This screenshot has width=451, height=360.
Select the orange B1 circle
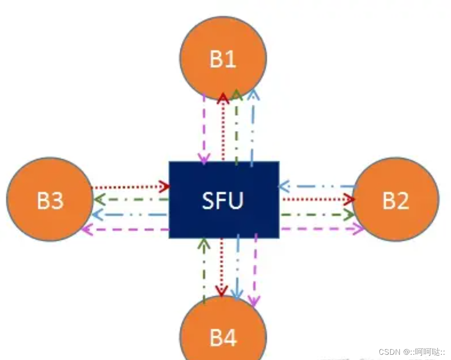click(223, 59)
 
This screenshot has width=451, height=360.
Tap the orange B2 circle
click(395, 200)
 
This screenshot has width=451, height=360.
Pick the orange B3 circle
click(50, 200)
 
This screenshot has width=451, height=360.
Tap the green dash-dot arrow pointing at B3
click(131, 200)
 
